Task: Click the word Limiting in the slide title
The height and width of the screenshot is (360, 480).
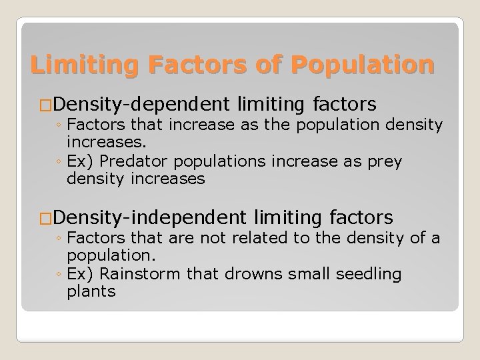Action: pyautogui.click(x=80, y=65)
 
